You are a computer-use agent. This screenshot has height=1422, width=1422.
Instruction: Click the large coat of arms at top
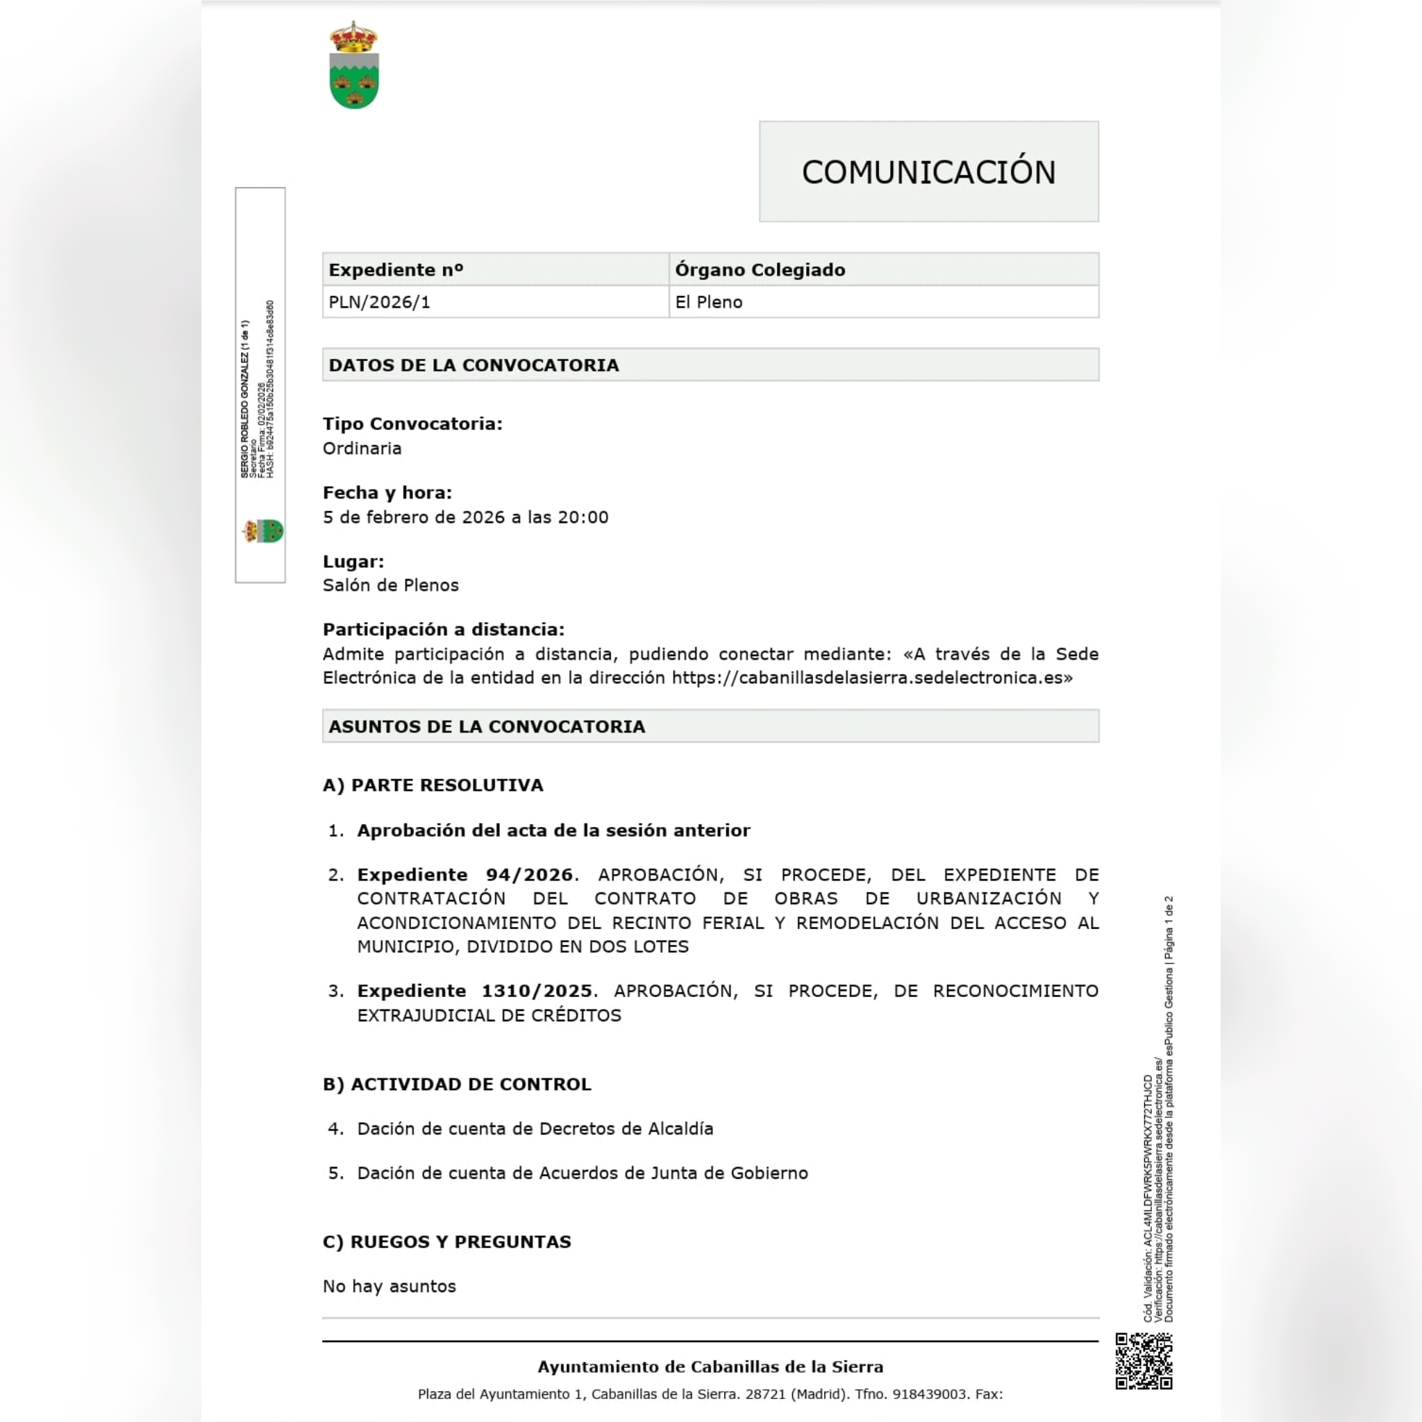click(354, 65)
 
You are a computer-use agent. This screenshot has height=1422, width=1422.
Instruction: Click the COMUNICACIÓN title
click(928, 172)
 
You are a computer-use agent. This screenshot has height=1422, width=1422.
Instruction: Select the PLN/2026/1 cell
click(379, 303)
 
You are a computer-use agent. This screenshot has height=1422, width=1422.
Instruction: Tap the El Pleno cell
click(709, 303)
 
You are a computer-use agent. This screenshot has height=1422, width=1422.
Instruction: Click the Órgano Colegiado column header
click(760, 270)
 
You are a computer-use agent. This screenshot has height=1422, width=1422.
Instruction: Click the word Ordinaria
click(362, 449)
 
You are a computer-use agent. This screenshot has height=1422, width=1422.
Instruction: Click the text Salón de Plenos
click(390, 585)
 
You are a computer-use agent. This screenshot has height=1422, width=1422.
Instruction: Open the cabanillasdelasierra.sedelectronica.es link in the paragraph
click(867, 678)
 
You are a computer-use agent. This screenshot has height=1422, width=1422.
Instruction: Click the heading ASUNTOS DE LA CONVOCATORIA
click(487, 726)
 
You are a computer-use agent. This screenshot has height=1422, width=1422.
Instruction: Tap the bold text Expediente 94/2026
click(465, 874)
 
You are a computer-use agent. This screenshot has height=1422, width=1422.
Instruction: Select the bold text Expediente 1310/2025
click(474, 991)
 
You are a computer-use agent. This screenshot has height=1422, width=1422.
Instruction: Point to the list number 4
click(335, 1128)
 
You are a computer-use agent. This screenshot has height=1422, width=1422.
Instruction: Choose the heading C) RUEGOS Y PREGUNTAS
click(446, 1241)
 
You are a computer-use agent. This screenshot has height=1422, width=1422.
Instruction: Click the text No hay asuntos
click(390, 1286)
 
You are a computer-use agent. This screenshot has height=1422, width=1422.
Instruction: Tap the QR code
click(1143, 1361)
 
